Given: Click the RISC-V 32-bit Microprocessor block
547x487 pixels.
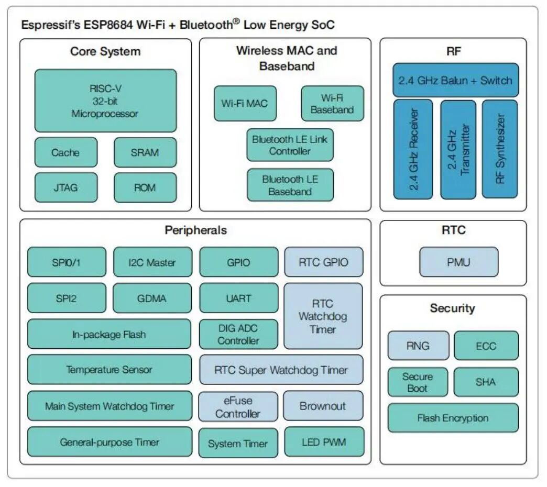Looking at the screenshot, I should [105, 101].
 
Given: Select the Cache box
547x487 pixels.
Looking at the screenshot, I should [65, 152].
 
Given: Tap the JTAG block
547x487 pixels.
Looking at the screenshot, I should [65, 187].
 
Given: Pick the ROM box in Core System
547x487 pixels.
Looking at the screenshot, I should [145, 187].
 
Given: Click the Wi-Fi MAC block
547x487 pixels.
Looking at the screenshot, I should [244, 103].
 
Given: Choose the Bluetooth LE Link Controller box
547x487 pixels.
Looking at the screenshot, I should [290, 145].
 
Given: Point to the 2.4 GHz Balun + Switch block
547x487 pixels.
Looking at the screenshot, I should [455, 80].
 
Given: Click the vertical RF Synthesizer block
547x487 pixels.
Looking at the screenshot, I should [499, 149].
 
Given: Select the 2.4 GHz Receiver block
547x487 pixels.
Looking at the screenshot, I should [413, 149].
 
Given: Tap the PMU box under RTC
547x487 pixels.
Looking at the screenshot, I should [458, 262].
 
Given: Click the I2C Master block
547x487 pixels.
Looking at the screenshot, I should [152, 262].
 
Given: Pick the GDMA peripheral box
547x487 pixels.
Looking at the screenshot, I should [152, 298].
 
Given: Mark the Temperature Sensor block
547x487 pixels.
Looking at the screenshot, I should [109, 370].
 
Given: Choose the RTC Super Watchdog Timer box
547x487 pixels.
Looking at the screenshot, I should [281, 370].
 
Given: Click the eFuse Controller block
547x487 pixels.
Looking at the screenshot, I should [238, 407].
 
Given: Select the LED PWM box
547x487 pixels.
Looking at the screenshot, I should [323, 442].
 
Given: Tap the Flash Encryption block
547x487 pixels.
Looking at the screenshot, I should [453, 418].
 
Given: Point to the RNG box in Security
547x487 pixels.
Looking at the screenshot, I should [418, 346].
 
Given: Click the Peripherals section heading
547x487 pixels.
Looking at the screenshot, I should [195, 230].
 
